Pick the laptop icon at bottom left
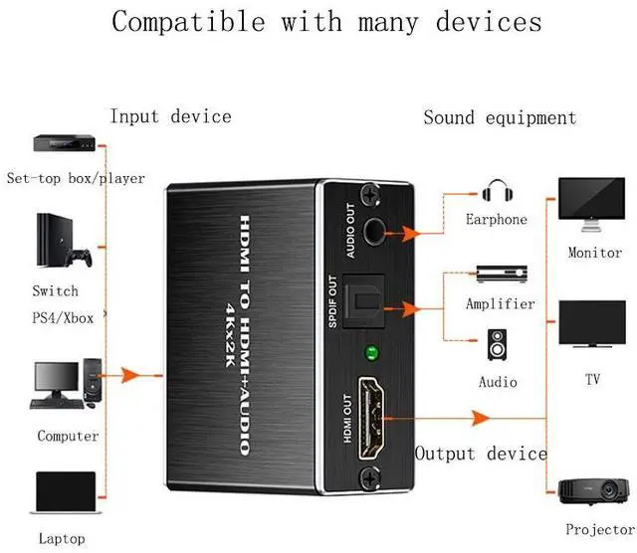point(65,497)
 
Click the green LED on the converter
point(372,351)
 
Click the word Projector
point(599,530)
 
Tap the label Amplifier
point(500,304)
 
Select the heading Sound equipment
point(500,118)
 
